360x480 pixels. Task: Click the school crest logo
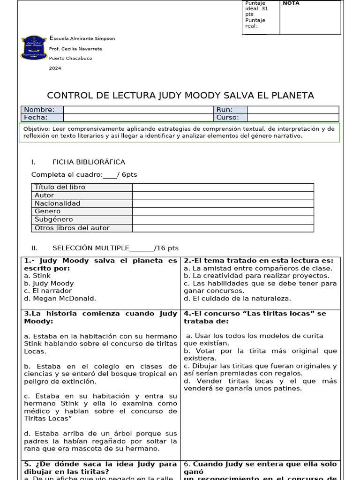point(34,48)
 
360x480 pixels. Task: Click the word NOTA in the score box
point(291,4)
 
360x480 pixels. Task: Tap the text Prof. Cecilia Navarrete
point(75,49)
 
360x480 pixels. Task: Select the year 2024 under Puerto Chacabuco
point(55,68)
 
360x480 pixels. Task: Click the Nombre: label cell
point(42,110)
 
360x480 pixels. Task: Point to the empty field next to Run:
point(292,110)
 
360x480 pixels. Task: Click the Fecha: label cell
point(42,118)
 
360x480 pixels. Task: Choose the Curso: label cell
point(230,118)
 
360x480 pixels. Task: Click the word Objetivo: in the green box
point(37,128)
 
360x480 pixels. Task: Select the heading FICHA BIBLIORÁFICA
point(89,162)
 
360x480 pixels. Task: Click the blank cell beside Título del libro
point(223,187)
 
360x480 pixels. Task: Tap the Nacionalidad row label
point(57,203)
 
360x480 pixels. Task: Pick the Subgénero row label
point(53,219)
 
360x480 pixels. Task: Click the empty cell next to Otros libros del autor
point(223,228)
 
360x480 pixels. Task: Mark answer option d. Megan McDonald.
point(60,298)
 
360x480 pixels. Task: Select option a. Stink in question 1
point(37,276)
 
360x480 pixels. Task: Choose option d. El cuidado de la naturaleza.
point(237,298)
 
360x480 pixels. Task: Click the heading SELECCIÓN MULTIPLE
point(90,248)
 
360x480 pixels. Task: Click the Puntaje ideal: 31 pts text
point(257,8)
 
